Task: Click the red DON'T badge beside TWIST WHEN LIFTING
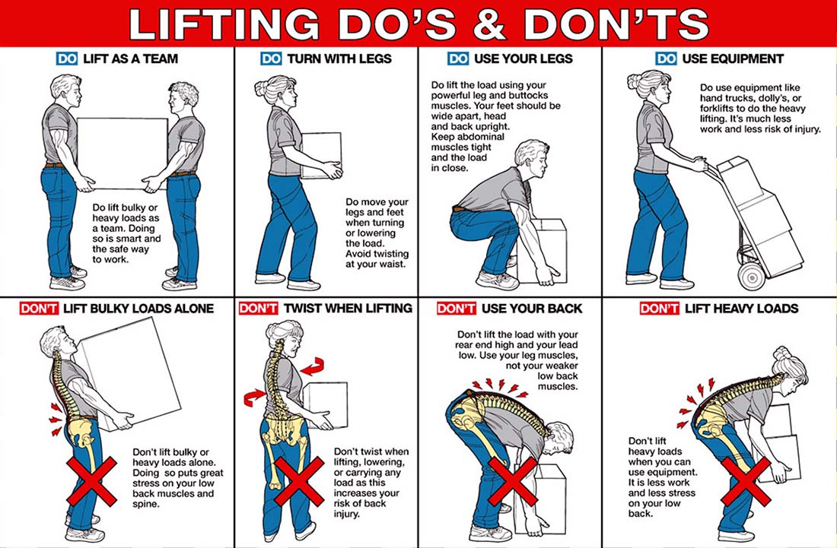pyautogui.click(x=258, y=308)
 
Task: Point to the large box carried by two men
pyautogui.click(x=122, y=152)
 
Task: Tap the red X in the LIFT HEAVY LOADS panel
pyautogui.click(x=746, y=480)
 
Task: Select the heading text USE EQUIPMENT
pyautogui.click(x=732, y=59)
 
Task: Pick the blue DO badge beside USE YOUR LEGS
pyautogui.click(x=458, y=59)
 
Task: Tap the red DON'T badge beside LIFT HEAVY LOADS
pyautogui.click(x=658, y=308)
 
